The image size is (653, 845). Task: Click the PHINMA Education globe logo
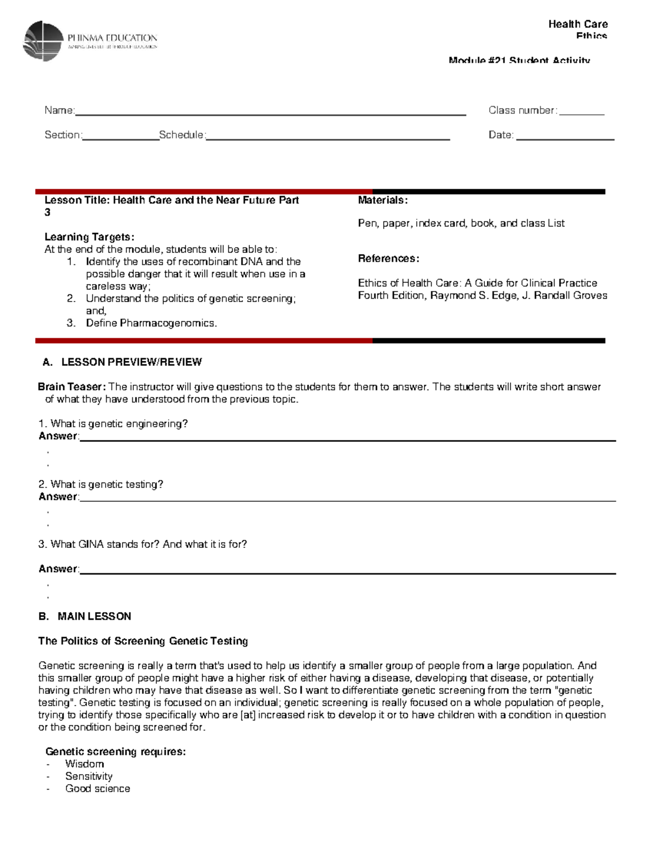[43, 41]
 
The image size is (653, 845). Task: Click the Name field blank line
[270, 114]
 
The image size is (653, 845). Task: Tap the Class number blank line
[582, 114]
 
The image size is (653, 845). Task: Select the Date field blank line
[565, 139]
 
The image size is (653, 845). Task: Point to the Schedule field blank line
[328, 139]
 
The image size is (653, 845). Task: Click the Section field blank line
[120, 139]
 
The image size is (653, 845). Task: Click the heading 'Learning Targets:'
[89, 237]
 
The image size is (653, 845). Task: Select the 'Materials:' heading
[383, 200]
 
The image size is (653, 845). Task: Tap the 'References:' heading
[389, 258]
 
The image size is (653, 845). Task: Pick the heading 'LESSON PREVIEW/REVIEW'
[131, 362]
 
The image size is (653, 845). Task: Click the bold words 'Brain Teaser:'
[71, 387]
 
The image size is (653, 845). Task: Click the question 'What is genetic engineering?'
[119, 424]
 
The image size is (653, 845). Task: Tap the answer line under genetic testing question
[347, 500]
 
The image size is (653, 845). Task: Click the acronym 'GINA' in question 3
[91, 544]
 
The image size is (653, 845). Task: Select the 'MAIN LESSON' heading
[94, 616]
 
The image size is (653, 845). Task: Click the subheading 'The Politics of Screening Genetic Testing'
[143, 641]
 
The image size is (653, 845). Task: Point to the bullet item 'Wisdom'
[84, 764]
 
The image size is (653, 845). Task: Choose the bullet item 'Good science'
[97, 788]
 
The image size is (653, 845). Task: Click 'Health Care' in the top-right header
[578, 24]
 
